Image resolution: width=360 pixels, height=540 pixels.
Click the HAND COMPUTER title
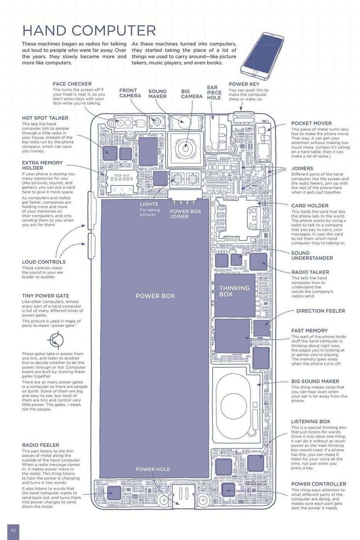point(89,30)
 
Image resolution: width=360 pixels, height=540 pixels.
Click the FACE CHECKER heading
point(72,84)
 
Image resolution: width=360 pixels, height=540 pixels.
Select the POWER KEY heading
point(244,84)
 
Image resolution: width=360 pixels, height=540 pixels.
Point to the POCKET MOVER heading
point(311,123)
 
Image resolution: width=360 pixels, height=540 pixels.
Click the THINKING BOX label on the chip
point(234,291)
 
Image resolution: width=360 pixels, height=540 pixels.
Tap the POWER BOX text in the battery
point(155,296)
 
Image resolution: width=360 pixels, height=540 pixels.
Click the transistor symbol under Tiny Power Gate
point(55,340)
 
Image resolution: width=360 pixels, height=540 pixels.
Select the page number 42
point(13,530)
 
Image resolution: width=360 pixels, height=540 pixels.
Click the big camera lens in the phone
point(184,148)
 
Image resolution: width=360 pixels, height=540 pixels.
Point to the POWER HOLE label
point(152,469)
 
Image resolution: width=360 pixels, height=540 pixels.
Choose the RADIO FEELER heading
point(41,445)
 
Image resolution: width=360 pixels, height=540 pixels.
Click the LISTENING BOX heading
point(311,422)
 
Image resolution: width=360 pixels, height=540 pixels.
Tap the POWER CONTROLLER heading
point(318,484)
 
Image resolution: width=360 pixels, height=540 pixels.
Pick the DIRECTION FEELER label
point(320,311)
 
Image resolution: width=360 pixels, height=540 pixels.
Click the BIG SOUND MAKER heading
point(315,381)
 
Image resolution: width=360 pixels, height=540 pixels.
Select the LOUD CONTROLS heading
point(44,262)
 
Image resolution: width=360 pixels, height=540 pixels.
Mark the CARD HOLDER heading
point(309,206)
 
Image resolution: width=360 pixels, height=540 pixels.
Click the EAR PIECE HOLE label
point(214,93)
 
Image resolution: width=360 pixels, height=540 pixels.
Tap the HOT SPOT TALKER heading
point(45,118)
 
